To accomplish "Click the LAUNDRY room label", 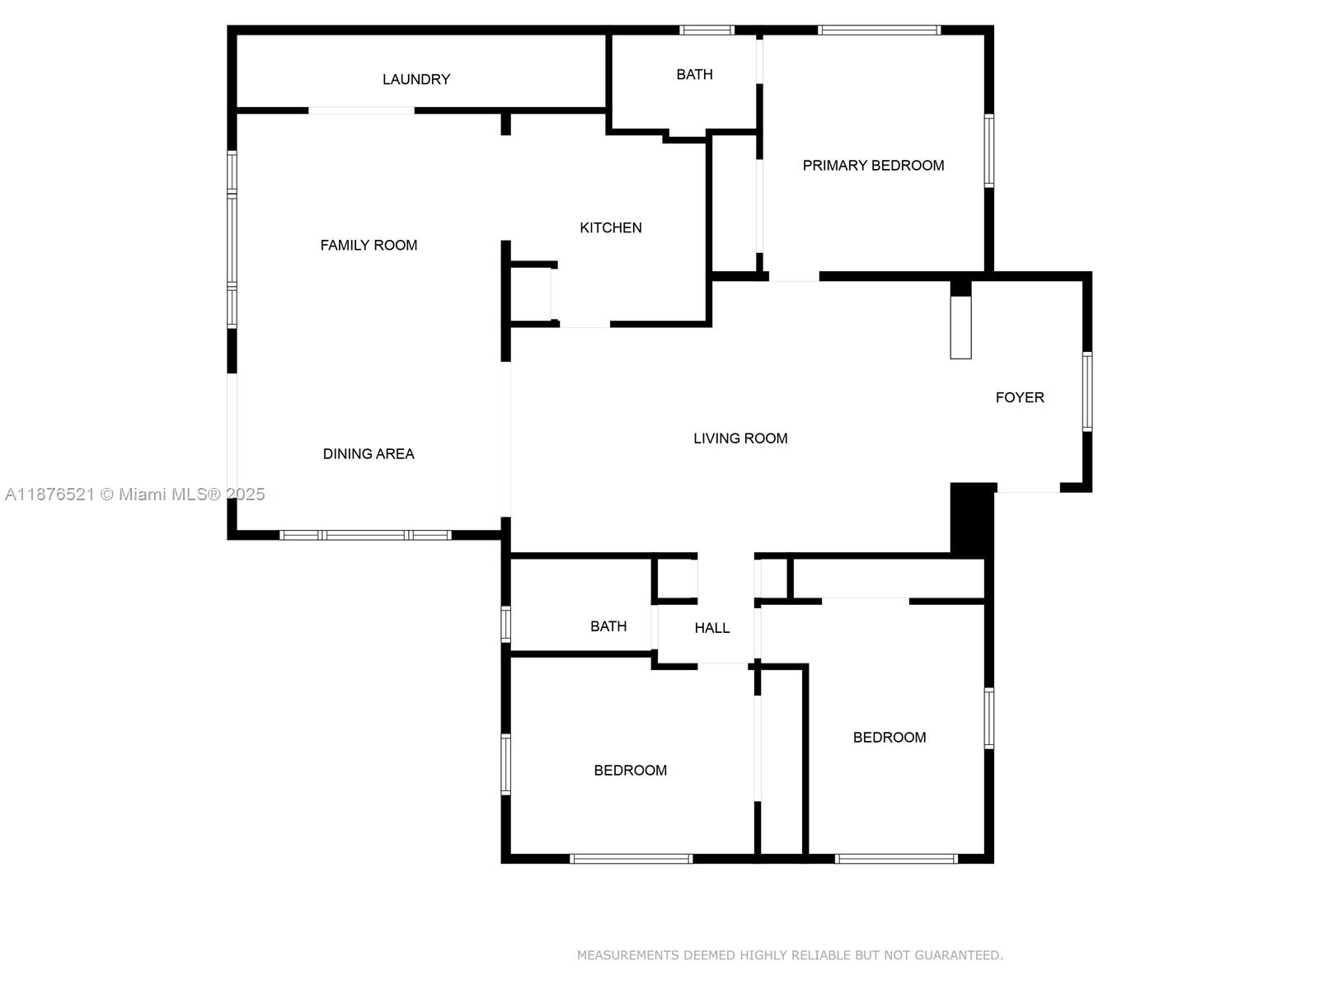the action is [415, 79].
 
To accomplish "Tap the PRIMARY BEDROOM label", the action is [873, 165].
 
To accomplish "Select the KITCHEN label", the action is [611, 227].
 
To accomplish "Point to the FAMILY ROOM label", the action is [368, 245].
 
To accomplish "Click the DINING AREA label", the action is [368, 454].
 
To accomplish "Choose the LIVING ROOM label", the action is [740, 438].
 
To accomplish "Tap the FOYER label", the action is [1020, 397].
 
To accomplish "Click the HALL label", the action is [712, 628].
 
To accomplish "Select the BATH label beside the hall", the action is [608, 626].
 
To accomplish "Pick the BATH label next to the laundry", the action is [695, 74].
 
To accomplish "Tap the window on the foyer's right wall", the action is [1087, 391].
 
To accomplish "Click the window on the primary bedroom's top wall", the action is [879, 30].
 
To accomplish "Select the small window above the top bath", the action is [706, 30].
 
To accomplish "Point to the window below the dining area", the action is [365, 535].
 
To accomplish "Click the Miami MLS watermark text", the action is [134, 494].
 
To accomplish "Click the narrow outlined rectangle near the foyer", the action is [960, 327].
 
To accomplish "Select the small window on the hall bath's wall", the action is [506, 625].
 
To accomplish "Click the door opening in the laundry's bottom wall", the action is [361, 110].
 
